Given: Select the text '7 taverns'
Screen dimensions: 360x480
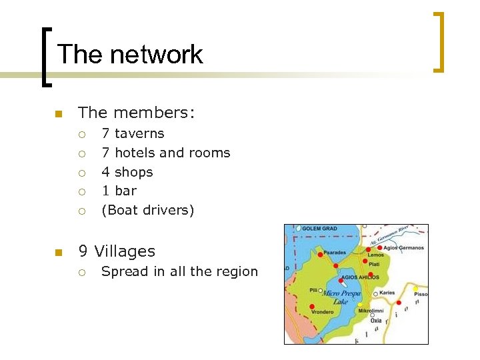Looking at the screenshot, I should (133, 133).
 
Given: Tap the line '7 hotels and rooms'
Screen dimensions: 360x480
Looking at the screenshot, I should (165, 153).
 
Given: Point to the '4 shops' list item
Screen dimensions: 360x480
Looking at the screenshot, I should (127, 172).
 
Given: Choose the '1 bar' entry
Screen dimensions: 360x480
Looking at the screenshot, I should (119, 191).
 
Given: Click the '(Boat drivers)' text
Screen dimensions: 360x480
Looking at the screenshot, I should (147, 210).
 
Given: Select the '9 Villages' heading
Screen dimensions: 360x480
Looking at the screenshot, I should (117, 251).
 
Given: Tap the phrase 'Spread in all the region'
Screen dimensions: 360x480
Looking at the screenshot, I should (179, 271).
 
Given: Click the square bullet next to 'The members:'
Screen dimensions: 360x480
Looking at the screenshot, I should (59, 114).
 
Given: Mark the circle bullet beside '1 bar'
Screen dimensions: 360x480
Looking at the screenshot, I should (81, 191).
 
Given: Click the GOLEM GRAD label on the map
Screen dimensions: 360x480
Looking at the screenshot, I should (320, 229).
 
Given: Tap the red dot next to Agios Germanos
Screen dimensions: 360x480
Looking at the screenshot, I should (380, 248).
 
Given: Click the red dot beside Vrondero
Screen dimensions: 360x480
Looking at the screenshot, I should (312, 306).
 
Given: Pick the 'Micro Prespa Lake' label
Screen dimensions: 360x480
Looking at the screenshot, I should (341, 297).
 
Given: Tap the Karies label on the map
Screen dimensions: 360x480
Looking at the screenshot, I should (387, 293).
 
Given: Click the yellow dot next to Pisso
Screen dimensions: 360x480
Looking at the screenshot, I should (415, 289).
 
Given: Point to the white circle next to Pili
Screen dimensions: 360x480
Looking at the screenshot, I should (321, 291).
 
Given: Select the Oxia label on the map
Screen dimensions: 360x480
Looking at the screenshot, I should (377, 321).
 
